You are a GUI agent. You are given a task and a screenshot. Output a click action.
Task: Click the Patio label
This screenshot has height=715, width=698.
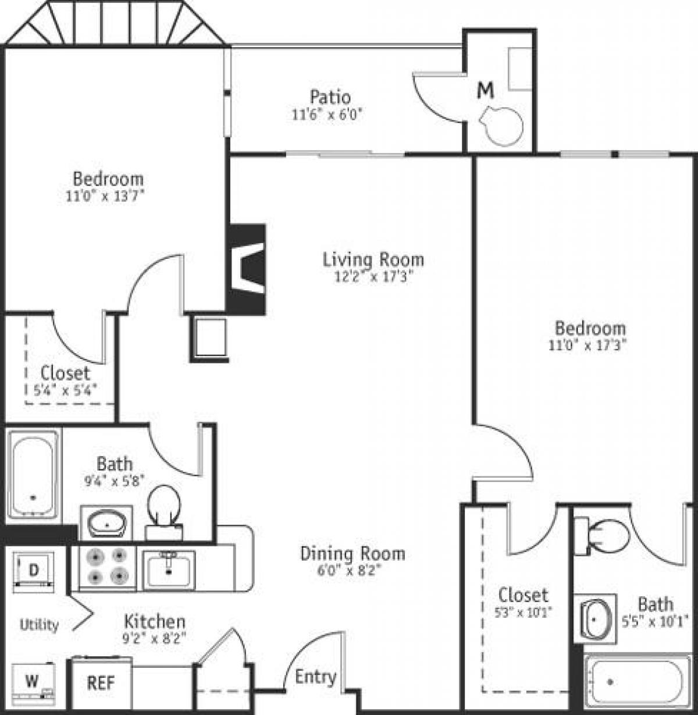point(330,97)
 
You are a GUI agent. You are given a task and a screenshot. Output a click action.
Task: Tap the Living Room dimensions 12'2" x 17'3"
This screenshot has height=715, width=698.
point(373,278)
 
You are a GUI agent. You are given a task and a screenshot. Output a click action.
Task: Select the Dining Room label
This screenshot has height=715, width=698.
point(352,553)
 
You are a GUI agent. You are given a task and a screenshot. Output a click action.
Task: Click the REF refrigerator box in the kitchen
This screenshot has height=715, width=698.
point(101,683)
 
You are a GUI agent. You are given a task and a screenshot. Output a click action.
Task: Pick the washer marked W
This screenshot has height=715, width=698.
point(33,680)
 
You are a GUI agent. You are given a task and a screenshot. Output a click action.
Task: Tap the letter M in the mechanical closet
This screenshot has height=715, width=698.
point(486,90)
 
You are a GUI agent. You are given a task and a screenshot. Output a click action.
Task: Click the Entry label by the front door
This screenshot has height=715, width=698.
point(315,677)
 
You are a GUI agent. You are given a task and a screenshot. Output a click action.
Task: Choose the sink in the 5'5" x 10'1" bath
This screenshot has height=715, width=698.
point(594,618)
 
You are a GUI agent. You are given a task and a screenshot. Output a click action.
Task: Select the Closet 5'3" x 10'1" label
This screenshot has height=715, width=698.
point(523,595)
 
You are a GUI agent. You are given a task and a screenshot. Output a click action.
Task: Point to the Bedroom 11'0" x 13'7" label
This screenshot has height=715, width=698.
point(108,178)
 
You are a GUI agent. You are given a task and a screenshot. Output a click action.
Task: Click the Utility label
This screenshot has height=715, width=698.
point(39,625)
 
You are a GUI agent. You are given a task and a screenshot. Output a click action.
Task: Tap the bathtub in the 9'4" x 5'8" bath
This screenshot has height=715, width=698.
point(33,474)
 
